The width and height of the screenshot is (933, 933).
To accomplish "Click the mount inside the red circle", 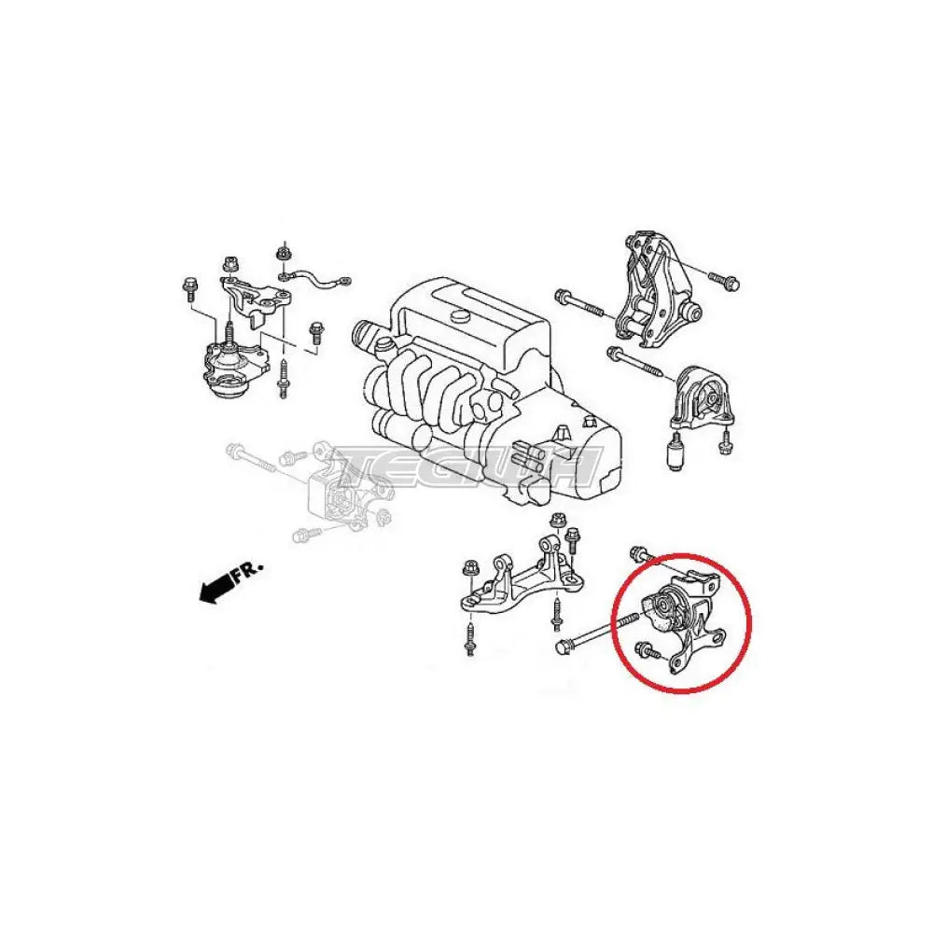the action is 684,621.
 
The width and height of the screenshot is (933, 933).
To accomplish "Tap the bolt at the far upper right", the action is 724,281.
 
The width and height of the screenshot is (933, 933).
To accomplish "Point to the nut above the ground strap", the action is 284,253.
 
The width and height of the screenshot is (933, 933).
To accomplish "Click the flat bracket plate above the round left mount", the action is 257,299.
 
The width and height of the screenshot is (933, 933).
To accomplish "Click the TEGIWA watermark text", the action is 464,466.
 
